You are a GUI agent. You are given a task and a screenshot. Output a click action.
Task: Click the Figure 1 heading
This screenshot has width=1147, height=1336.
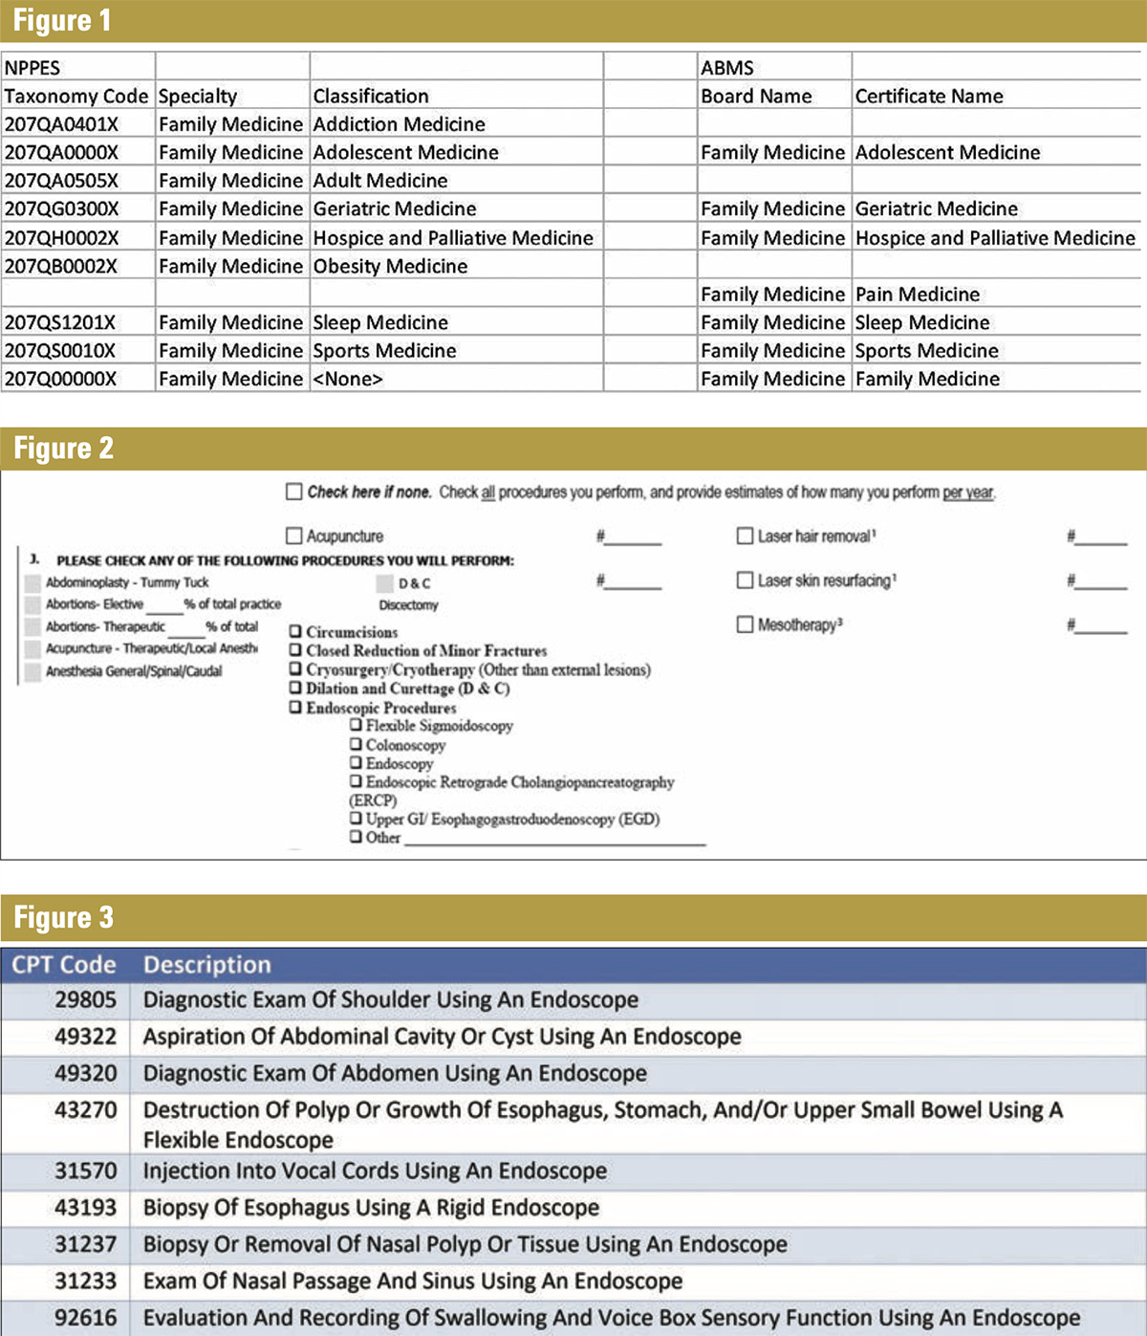click(x=62, y=20)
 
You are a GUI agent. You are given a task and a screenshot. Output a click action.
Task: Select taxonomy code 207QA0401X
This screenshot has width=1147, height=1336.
click(x=61, y=124)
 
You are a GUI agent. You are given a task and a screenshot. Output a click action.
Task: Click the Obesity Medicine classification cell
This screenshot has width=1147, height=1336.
click(x=390, y=266)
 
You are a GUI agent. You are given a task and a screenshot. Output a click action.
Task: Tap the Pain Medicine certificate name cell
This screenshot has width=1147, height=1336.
click(x=917, y=295)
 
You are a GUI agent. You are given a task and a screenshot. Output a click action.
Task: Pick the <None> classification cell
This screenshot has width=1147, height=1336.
click(x=348, y=379)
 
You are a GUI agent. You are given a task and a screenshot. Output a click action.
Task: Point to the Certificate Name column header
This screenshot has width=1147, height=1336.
click(x=928, y=97)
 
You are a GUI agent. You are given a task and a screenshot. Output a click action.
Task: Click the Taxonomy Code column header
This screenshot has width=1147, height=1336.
click(x=76, y=97)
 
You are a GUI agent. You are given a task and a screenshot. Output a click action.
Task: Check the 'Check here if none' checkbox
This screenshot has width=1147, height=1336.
click(x=294, y=492)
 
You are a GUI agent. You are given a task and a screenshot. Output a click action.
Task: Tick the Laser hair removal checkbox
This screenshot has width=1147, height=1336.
click(x=745, y=537)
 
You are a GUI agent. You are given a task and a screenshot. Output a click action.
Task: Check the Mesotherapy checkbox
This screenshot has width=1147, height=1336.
click(x=745, y=624)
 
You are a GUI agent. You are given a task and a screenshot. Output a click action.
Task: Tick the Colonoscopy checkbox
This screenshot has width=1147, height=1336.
click(x=356, y=744)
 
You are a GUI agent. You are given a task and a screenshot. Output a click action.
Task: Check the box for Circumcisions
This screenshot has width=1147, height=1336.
click(x=295, y=631)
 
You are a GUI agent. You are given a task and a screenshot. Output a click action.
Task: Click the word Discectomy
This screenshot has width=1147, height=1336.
click(x=408, y=605)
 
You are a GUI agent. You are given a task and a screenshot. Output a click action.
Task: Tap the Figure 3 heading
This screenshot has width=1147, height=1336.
click(x=63, y=917)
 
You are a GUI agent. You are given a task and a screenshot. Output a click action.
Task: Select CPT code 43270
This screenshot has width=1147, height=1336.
click(x=85, y=1110)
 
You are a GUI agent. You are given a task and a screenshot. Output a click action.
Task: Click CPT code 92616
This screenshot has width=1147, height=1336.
click(x=85, y=1318)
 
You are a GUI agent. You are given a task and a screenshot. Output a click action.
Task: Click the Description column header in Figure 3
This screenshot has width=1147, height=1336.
click(x=206, y=965)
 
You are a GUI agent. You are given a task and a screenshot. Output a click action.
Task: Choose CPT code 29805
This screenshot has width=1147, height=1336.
click(x=85, y=1000)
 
